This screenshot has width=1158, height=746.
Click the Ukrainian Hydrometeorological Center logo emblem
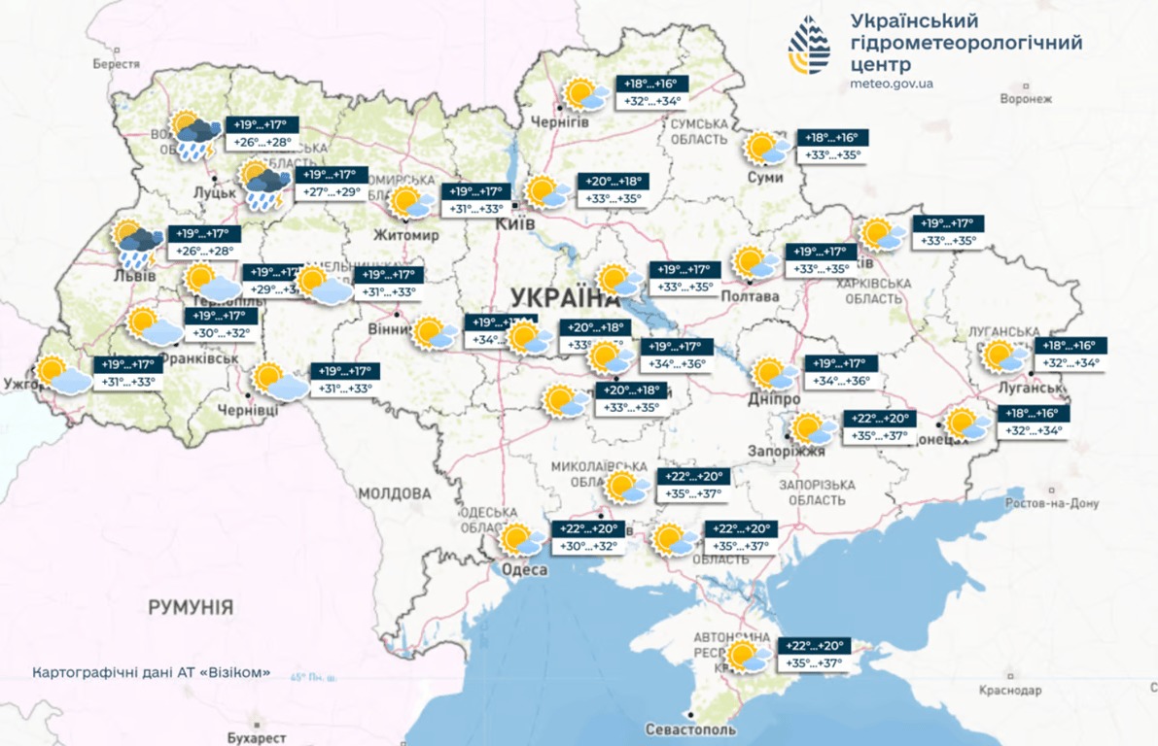(x=809, y=47)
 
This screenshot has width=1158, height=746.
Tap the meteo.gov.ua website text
(x=891, y=84)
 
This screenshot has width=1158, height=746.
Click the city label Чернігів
(x=559, y=120)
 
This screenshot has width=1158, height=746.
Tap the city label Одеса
(x=524, y=570)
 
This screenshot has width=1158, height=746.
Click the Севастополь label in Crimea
(x=690, y=729)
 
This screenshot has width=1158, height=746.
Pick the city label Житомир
(x=407, y=236)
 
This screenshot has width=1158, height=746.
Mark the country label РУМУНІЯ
(x=191, y=608)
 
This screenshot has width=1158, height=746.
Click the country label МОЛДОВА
(x=393, y=493)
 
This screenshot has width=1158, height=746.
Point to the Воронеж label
(x=1026, y=99)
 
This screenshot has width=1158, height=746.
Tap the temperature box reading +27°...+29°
(x=332, y=192)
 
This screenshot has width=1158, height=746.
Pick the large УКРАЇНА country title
(x=557, y=296)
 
